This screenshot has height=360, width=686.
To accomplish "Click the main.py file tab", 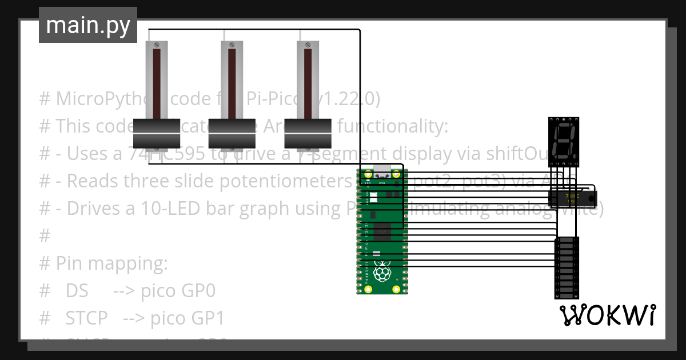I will pyautogui.click(x=88, y=25).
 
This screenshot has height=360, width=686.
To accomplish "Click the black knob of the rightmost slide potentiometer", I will pyautogui.click(x=308, y=133).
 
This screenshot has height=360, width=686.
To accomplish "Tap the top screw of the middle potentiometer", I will pyautogui.click(x=232, y=45).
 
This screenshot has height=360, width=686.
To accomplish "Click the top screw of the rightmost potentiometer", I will pyautogui.click(x=308, y=45).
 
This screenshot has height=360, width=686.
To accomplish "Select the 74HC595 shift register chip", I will pyautogui.click(x=572, y=198).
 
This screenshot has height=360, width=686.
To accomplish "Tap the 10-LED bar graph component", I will pyautogui.click(x=566, y=267).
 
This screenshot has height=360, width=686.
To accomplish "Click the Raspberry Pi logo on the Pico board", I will pyautogui.click(x=381, y=272).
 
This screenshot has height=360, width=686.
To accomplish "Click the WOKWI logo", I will pyautogui.click(x=607, y=315).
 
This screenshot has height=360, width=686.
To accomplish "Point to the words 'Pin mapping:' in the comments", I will pyautogui.click(x=111, y=263).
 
